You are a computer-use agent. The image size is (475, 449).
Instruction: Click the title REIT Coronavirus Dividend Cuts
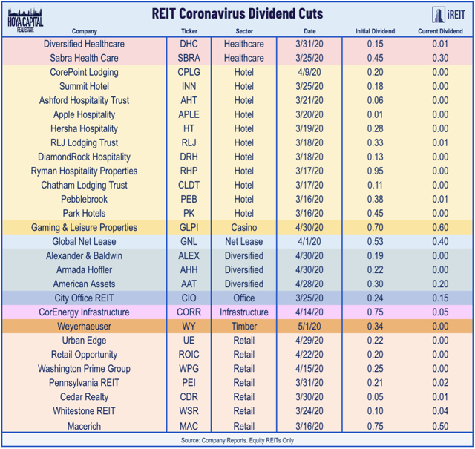pos(239,13)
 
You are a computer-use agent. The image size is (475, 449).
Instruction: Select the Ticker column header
pos(189,32)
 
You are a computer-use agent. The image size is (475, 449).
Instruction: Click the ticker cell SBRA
pos(189,58)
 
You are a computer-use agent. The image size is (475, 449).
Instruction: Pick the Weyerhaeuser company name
pos(83,327)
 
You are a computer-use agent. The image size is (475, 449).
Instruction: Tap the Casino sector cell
pos(244,228)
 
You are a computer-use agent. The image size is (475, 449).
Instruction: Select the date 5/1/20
pos(309,327)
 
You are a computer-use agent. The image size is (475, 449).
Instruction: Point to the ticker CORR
pos(189,312)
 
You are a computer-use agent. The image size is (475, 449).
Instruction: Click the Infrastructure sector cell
pos(244,312)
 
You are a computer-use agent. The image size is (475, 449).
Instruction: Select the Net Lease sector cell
pos(244,242)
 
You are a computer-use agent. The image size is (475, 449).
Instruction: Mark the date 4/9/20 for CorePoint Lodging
pos(309,72)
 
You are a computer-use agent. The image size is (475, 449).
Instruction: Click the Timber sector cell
pos(244,327)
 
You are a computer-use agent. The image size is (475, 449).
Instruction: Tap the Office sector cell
pos(244,298)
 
